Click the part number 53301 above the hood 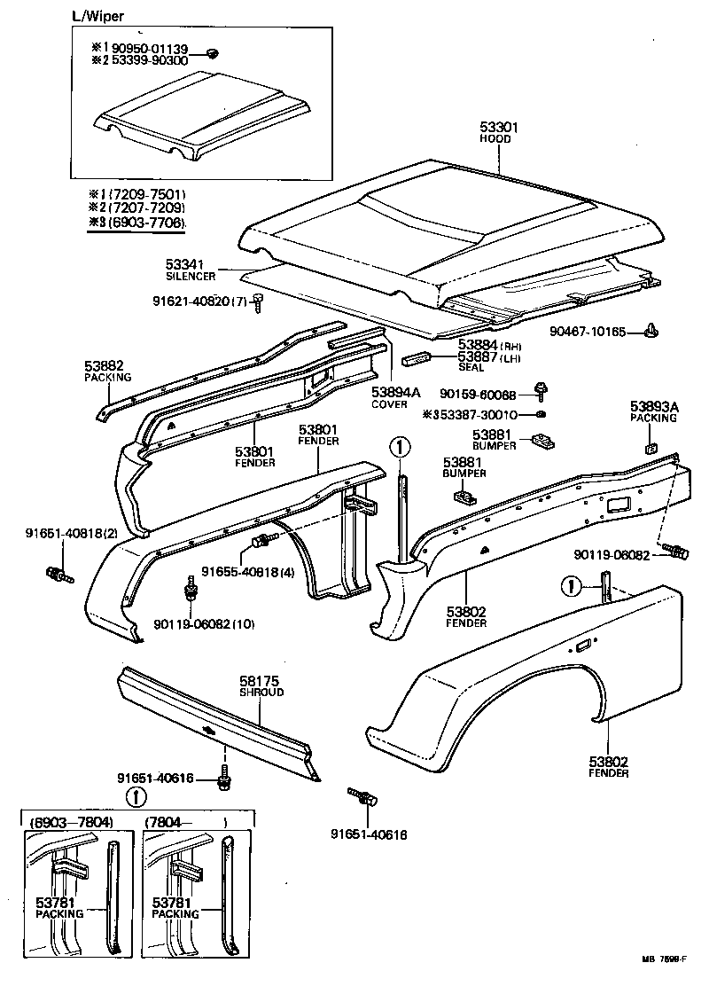498,128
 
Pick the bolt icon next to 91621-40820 259,302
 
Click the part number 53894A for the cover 389,393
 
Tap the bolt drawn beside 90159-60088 541,390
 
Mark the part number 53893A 654,406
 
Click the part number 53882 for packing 104,365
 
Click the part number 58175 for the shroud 261,681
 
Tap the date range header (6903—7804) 72,822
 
